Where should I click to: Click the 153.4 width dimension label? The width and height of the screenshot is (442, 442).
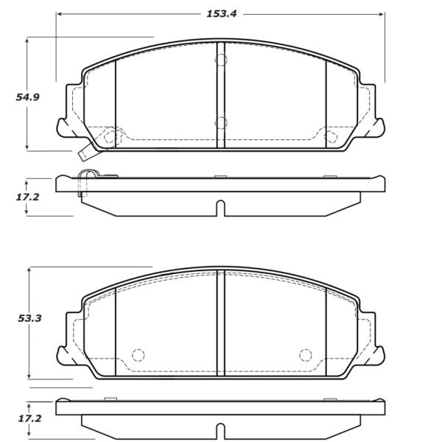222,14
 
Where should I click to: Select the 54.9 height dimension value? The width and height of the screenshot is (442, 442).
28,97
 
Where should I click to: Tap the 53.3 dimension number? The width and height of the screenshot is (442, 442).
29,318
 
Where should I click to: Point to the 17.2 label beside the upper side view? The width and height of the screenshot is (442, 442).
27,197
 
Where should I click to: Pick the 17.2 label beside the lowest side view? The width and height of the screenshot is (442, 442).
29,418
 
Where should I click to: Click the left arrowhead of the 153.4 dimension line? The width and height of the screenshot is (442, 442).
59,14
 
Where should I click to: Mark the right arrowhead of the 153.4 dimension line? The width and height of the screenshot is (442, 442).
382,14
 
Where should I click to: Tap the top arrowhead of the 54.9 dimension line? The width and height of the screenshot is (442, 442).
27,40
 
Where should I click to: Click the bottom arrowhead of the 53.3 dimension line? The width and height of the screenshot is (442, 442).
29,376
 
